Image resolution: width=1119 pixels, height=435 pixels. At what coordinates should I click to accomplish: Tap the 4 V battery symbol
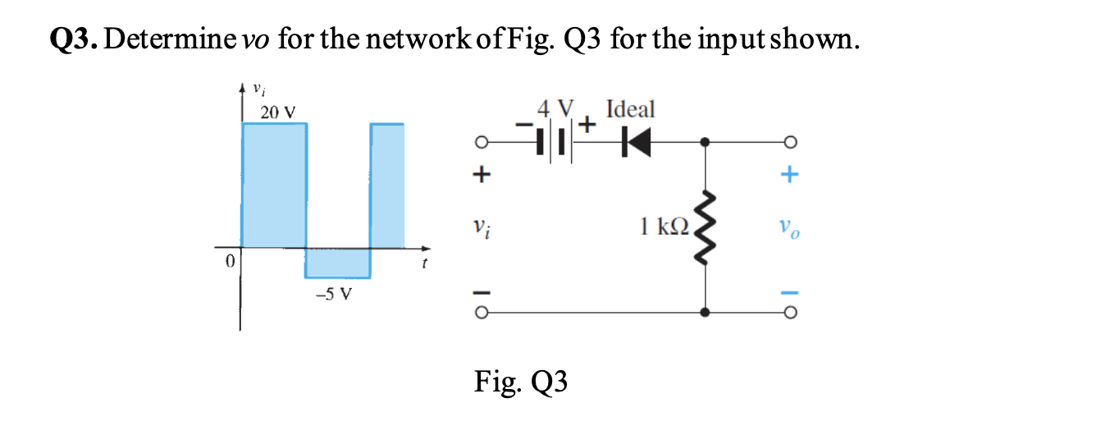click(552, 143)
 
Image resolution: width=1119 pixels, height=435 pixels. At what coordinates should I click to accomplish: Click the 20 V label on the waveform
click(279, 112)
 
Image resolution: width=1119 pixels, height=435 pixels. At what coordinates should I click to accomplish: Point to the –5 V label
click(335, 294)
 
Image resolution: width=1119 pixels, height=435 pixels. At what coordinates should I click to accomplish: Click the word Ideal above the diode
click(630, 109)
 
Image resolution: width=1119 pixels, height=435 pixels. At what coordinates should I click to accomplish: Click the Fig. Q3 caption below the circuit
click(520, 382)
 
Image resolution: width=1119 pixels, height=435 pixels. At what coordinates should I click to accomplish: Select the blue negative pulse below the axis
click(337, 263)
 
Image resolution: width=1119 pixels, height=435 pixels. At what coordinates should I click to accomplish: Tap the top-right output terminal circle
click(789, 143)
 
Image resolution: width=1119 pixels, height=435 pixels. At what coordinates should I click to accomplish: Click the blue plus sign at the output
click(789, 174)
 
